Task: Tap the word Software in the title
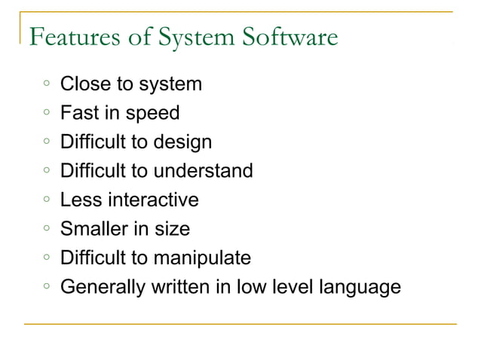point(290,36)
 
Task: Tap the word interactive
point(153,200)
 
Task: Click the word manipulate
point(202,258)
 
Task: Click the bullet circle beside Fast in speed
point(46,113)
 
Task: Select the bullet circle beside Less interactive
point(46,200)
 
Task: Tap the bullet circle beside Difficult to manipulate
point(46,258)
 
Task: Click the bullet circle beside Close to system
point(46,84)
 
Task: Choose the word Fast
point(78,113)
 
